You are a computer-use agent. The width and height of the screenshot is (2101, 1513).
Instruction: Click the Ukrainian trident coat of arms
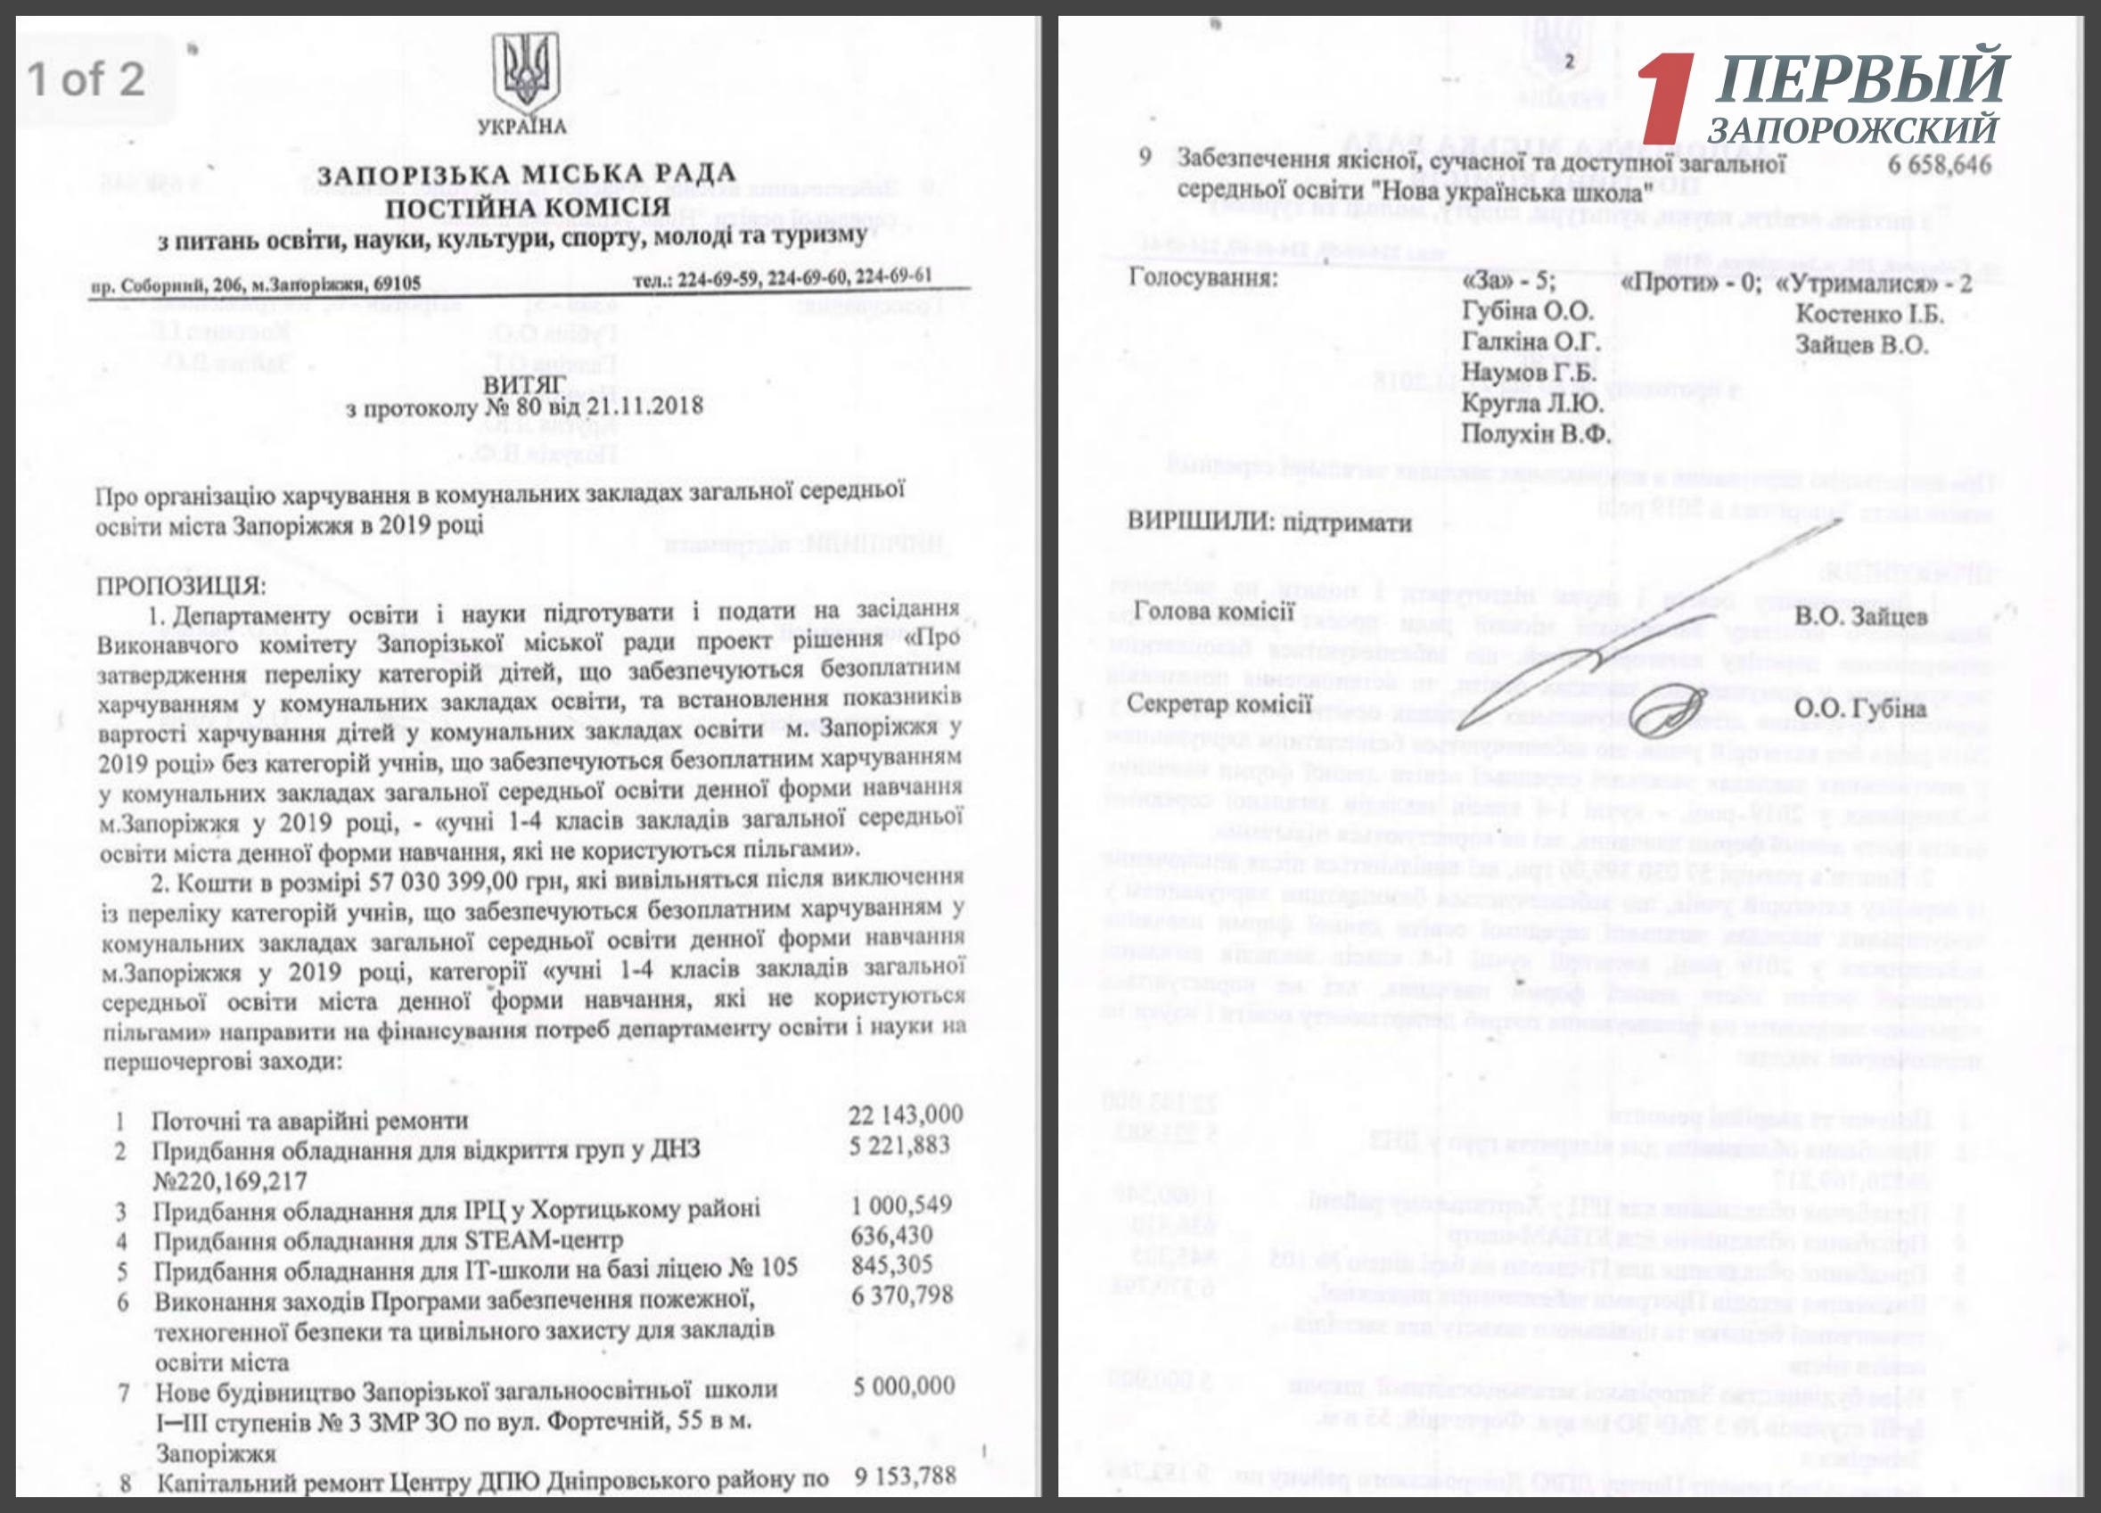tap(524, 71)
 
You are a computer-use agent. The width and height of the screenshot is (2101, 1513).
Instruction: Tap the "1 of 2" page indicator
tap(86, 78)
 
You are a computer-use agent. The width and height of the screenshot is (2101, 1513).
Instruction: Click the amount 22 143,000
tap(905, 1114)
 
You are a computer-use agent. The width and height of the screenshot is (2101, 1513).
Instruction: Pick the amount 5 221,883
tap(899, 1145)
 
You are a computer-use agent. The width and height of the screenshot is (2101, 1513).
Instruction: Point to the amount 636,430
tap(891, 1235)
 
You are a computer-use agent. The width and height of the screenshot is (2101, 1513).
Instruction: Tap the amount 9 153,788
tap(904, 1475)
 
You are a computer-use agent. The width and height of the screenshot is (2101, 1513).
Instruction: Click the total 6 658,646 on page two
tap(1939, 165)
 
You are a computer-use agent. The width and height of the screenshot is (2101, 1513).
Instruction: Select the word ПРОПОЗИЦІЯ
tap(181, 586)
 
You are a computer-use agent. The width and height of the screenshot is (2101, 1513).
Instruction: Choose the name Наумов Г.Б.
tap(1529, 374)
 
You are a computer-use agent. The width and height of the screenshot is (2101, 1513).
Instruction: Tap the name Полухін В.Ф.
tap(1535, 433)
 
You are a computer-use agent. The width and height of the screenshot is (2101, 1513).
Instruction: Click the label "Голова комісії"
tap(1212, 612)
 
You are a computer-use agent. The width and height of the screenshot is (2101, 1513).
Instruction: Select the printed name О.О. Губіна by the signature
tap(1860, 708)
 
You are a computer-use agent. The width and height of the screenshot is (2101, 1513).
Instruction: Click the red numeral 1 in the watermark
tap(1668, 97)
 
